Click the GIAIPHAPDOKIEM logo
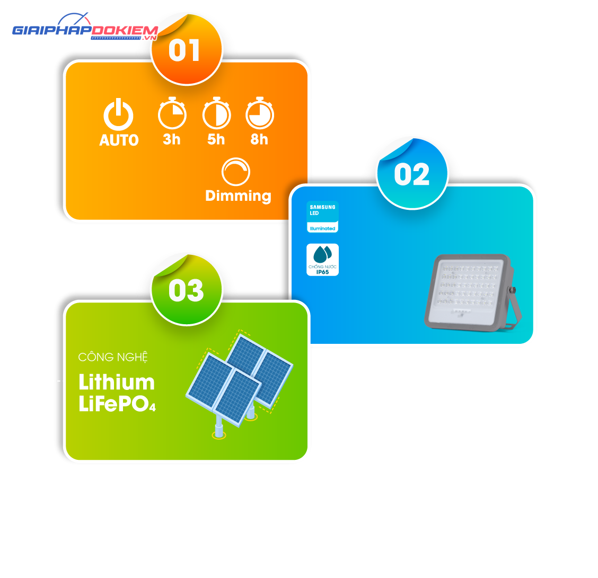click(85, 27)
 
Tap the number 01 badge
click(187, 49)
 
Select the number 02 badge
click(412, 174)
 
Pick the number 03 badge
click(187, 290)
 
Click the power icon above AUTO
click(118, 114)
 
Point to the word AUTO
click(119, 140)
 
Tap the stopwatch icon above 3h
click(172, 113)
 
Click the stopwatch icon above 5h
click(216, 113)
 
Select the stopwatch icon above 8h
click(259, 113)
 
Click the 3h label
click(172, 139)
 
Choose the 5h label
click(216, 139)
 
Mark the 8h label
click(259, 139)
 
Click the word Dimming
click(238, 196)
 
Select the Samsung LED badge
click(322, 217)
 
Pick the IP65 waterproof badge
click(322, 260)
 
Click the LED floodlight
click(473, 292)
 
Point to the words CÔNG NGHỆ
click(113, 358)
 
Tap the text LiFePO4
click(117, 404)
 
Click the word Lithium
click(116, 382)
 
